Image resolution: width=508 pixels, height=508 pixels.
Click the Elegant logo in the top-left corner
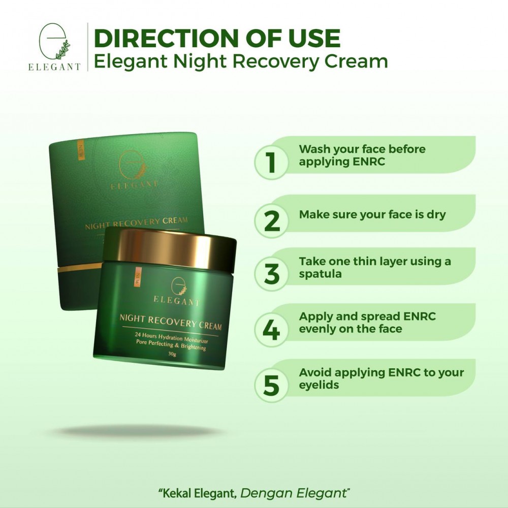(x=54, y=47)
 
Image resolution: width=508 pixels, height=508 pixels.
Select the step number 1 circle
(x=271, y=163)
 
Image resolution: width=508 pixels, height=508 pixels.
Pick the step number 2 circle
(x=271, y=221)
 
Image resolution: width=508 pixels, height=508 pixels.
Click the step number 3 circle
(x=271, y=274)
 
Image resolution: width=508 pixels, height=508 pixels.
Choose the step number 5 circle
(x=271, y=386)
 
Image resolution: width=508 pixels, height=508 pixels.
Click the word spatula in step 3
(x=320, y=274)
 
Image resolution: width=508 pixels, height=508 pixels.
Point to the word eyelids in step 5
(x=319, y=385)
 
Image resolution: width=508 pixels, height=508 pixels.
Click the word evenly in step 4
(x=316, y=329)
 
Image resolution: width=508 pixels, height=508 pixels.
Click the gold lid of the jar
(x=170, y=248)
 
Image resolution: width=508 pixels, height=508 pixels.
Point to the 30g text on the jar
(x=172, y=354)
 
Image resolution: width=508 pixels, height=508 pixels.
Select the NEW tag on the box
(x=81, y=149)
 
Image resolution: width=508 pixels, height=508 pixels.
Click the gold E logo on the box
(x=133, y=164)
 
